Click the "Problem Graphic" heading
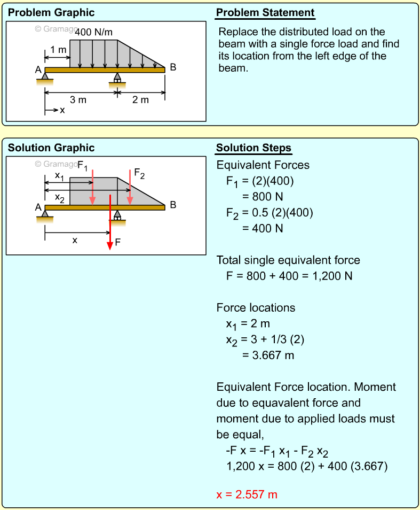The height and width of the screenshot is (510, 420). (x=51, y=13)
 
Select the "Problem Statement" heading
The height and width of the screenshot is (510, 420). (x=265, y=13)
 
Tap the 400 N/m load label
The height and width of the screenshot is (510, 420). (x=94, y=32)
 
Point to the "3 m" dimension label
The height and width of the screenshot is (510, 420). (x=78, y=100)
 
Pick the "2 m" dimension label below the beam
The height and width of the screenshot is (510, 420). (x=140, y=100)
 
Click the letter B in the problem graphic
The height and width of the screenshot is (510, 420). (x=173, y=67)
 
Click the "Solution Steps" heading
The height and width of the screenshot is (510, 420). (x=253, y=148)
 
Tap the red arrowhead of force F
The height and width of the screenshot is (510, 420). (x=110, y=245)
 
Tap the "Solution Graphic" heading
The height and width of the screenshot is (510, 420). (x=51, y=148)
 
